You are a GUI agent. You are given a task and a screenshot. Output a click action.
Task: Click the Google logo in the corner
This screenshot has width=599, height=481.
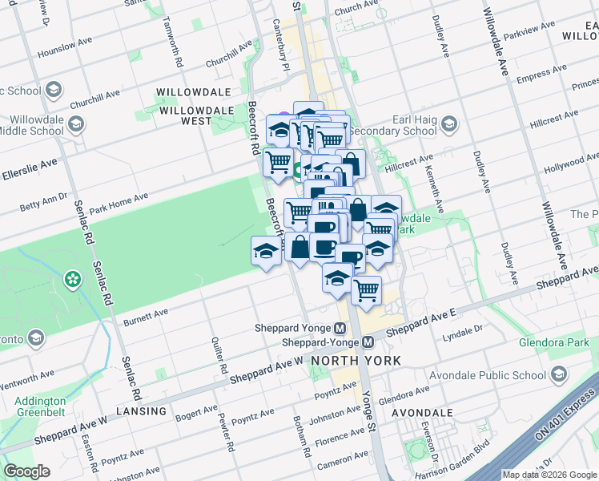tap(26, 471)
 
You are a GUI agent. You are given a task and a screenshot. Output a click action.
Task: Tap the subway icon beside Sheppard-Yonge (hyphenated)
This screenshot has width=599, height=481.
tap(368, 342)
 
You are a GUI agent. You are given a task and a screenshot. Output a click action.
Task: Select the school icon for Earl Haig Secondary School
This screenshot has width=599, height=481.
tap(449, 123)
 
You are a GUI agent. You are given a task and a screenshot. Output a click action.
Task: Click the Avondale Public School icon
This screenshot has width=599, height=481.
tap(559, 374)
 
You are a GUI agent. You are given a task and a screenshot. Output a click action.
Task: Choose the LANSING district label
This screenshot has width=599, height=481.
tap(140, 411)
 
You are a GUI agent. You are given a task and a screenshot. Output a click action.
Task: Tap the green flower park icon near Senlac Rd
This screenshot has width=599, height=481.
tap(73, 279)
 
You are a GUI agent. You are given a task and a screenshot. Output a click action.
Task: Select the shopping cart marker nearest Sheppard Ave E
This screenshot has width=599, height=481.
tap(366, 290)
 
